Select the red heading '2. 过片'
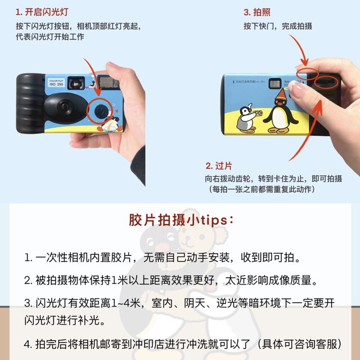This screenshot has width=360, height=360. [x=220, y=166]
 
